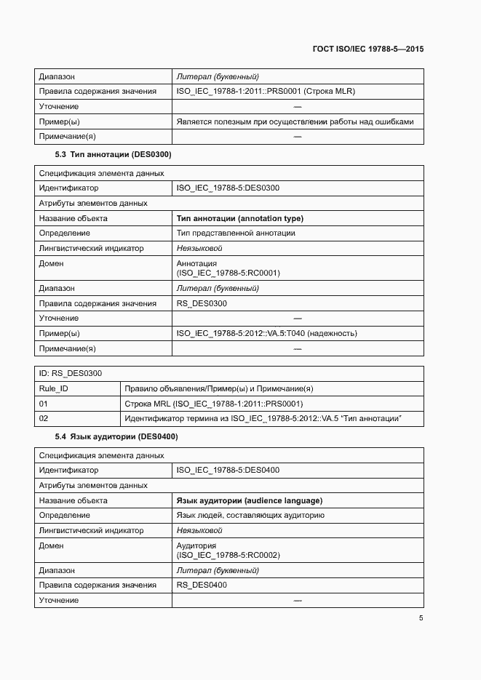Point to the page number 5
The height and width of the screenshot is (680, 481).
click(421, 618)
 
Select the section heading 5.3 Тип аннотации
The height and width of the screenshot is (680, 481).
click(113, 155)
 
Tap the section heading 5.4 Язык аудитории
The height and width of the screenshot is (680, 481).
click(116, 437)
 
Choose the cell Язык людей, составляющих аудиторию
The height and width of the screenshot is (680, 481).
click(250, 516)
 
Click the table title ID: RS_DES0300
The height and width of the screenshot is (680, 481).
click(70, 373)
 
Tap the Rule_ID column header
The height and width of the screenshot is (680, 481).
click(53, 388)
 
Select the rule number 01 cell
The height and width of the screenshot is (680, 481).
click(43, 404)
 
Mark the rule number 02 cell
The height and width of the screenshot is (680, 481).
click(43, 419)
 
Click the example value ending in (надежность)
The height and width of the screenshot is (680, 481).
click(266, 333)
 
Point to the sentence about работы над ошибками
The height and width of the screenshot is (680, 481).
click(295, 121)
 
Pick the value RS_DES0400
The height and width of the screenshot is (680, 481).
click(202, 585)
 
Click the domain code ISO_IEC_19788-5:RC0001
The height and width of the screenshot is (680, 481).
click(228, 273)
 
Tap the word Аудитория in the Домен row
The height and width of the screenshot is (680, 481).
click(196, 545)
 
